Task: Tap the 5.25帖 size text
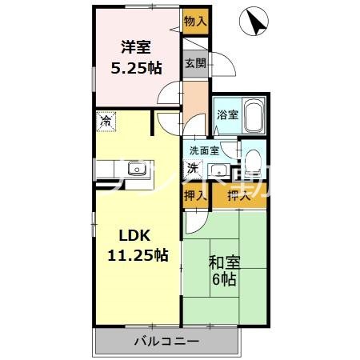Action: (x=134, y=69)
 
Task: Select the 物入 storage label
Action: (x=194, y=21)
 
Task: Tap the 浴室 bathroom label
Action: (x=226, y=114)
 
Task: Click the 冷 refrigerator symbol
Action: (x=106, y=122)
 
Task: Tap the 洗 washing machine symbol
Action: (x=194, y=167)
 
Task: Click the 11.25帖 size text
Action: (x=138, y=256)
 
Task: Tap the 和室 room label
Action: (x=225, y=262)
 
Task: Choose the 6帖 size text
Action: (x=224, y=279)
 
